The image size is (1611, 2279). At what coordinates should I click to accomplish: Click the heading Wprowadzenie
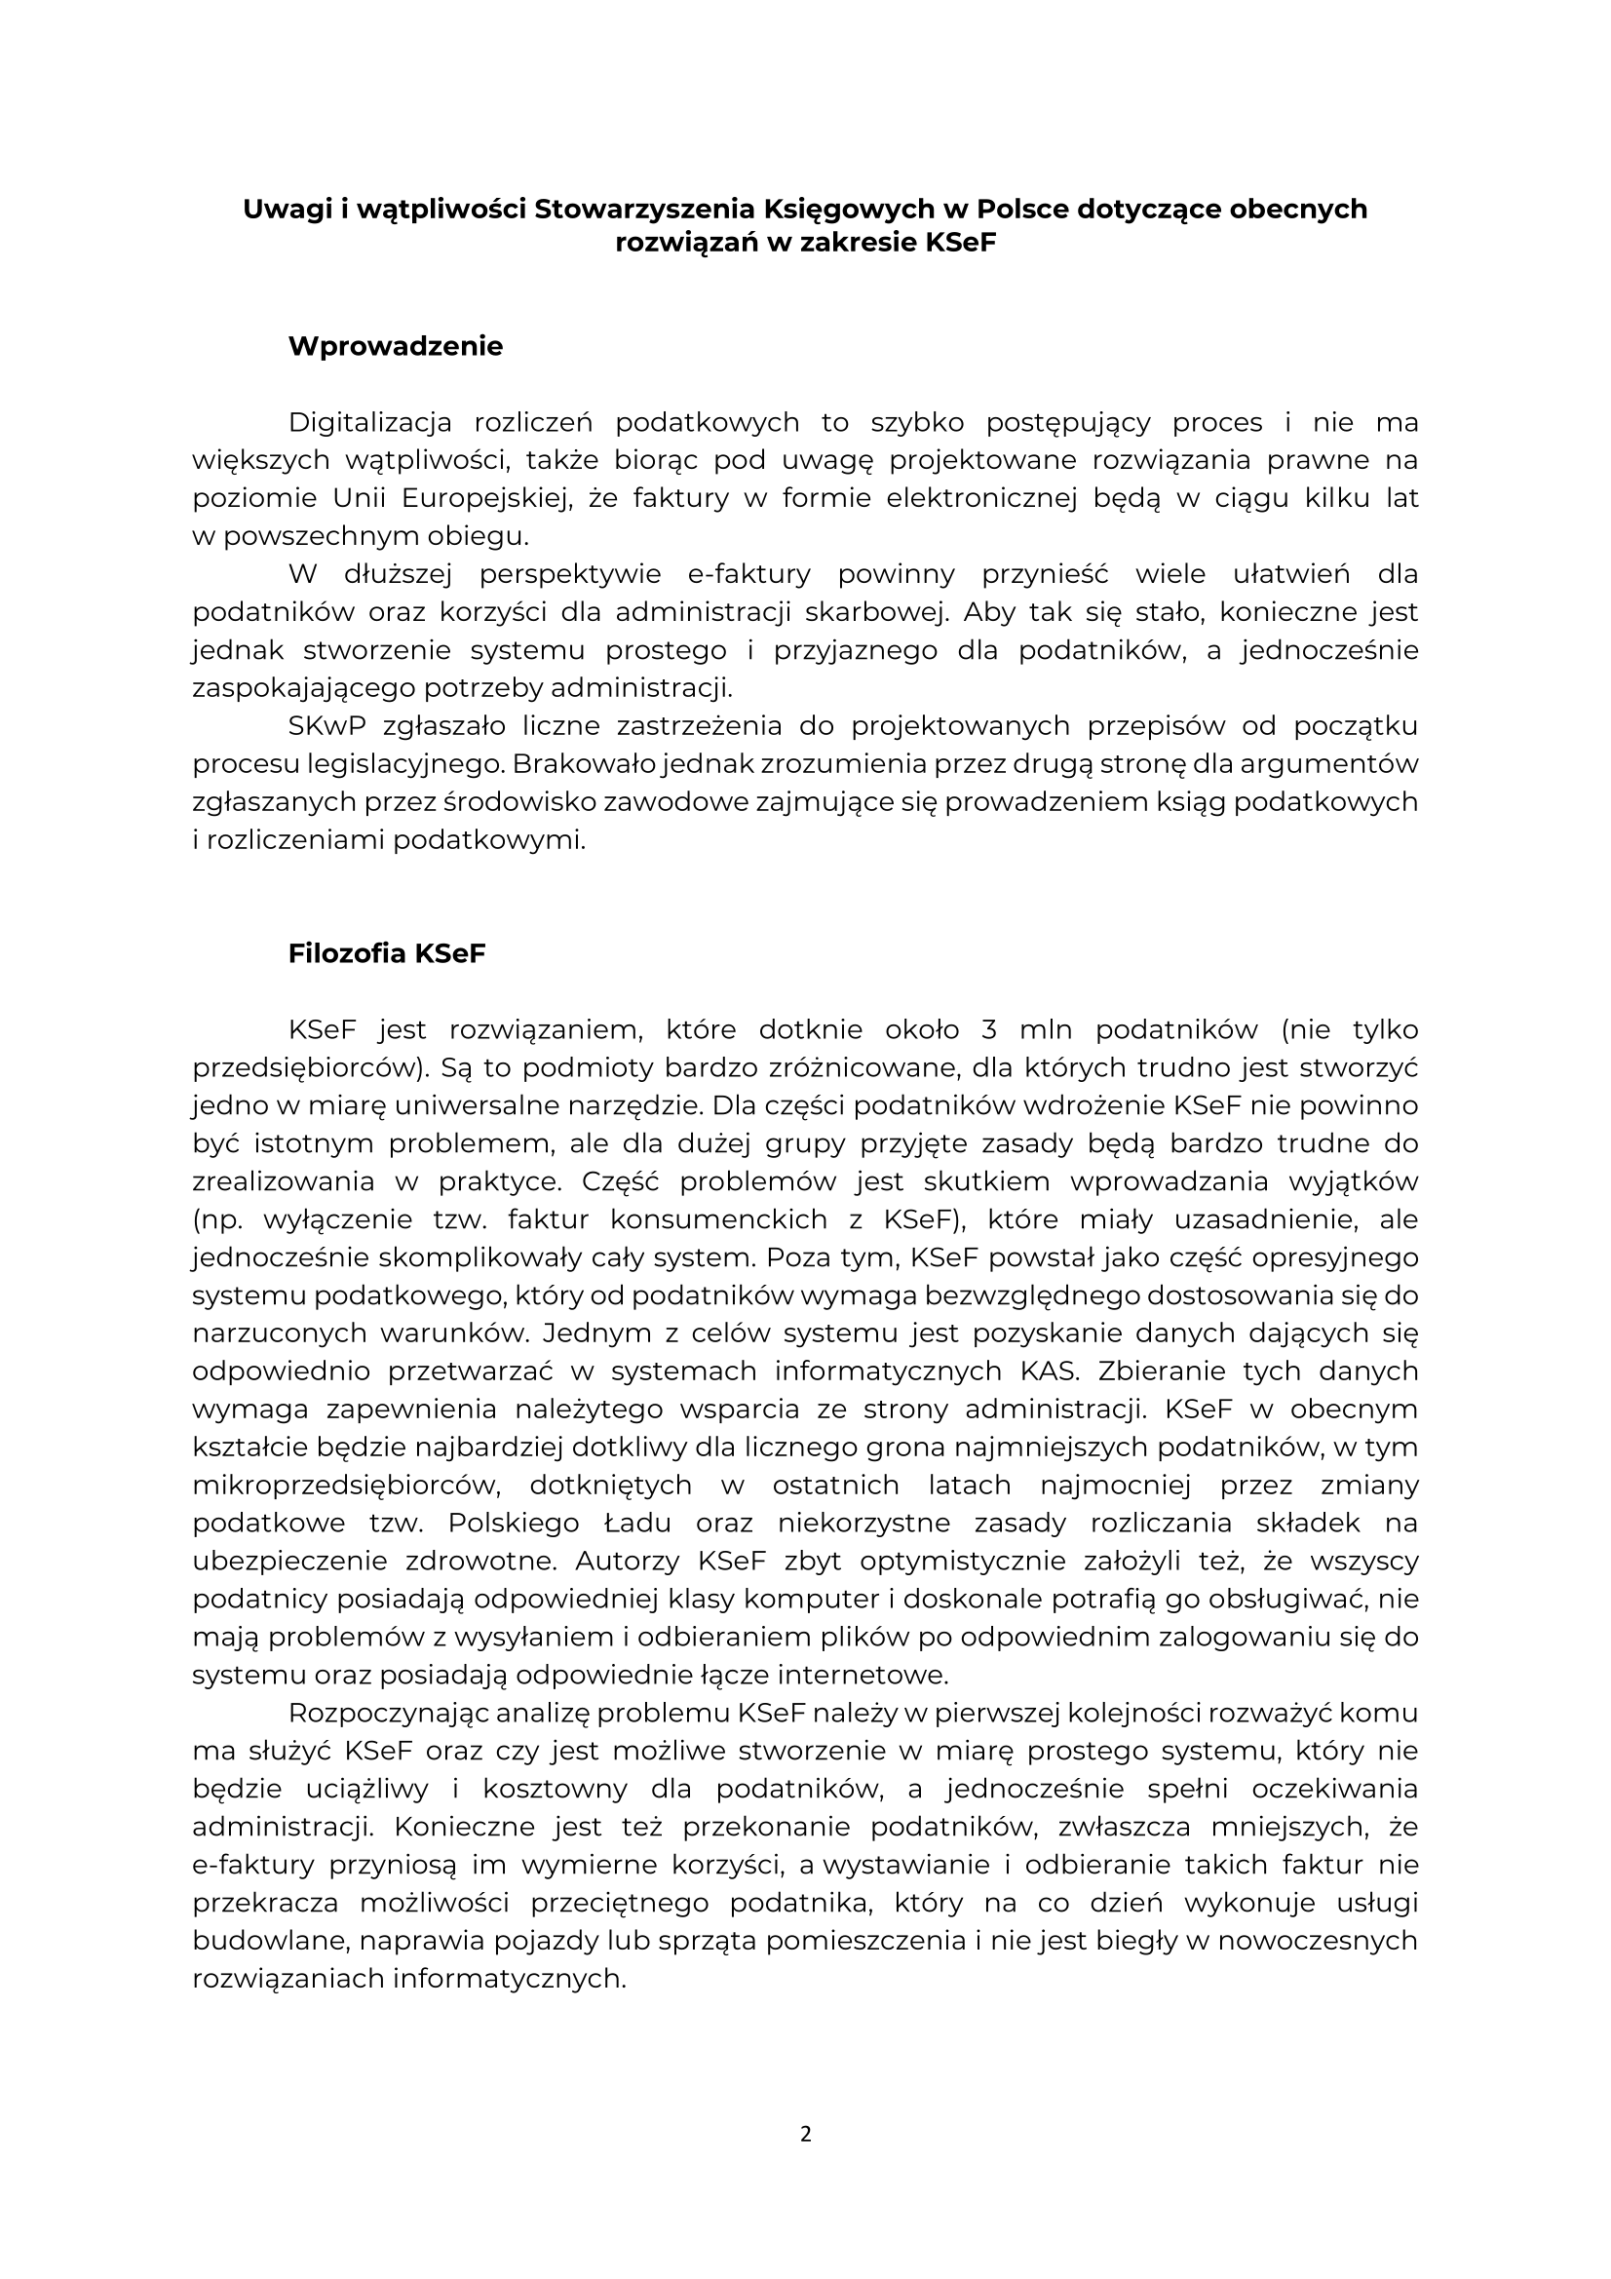(395, 346)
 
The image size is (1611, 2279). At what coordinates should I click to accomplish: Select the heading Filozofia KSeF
(386, 954)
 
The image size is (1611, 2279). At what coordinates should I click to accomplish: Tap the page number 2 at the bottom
(805, 2134)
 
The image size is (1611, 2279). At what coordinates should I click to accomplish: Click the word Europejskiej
(476, 498)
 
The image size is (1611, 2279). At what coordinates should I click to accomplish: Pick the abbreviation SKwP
(327, 726)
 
